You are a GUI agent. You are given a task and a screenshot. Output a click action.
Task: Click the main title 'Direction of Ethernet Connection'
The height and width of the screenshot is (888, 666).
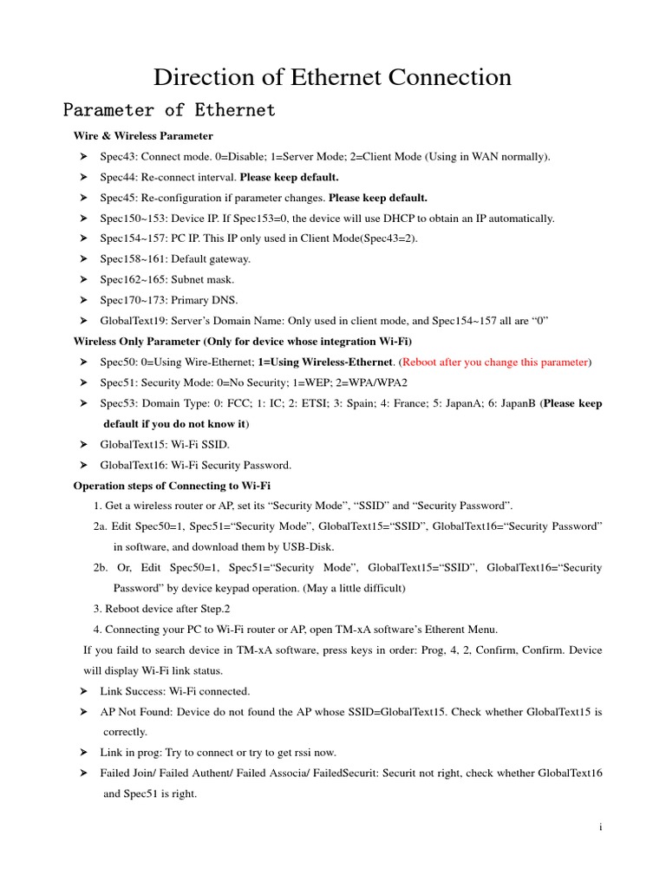332,77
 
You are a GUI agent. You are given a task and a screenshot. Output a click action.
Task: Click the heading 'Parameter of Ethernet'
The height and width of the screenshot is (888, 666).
169,110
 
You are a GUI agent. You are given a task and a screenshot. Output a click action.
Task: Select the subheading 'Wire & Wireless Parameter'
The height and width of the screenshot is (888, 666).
143,136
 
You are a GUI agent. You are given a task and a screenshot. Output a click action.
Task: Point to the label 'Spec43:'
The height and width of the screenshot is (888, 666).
118,157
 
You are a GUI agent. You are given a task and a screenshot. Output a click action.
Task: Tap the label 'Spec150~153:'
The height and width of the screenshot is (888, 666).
132,218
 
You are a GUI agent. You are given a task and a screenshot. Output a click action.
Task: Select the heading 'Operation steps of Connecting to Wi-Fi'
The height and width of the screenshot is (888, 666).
178,485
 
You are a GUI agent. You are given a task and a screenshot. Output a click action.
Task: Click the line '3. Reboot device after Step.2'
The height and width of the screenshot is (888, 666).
161,609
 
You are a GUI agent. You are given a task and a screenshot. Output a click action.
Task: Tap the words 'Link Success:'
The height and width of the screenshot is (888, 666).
132,691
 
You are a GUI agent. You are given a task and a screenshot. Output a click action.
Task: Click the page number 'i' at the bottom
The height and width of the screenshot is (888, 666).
600,827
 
